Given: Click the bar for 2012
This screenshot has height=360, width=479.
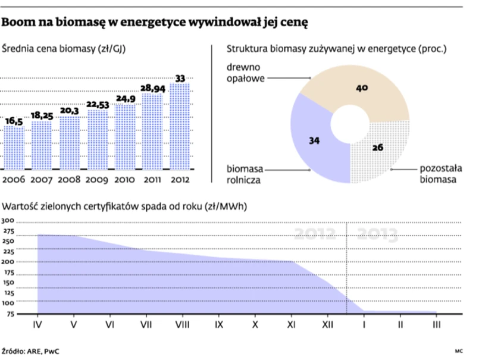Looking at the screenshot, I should point(179,126).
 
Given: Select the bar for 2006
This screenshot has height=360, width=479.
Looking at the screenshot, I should point(14,148).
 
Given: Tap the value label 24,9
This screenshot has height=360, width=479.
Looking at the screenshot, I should point(125,98).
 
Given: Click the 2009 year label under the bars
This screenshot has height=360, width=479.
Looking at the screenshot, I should point(97,179).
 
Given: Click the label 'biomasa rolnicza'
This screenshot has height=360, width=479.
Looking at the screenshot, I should point(243,173).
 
